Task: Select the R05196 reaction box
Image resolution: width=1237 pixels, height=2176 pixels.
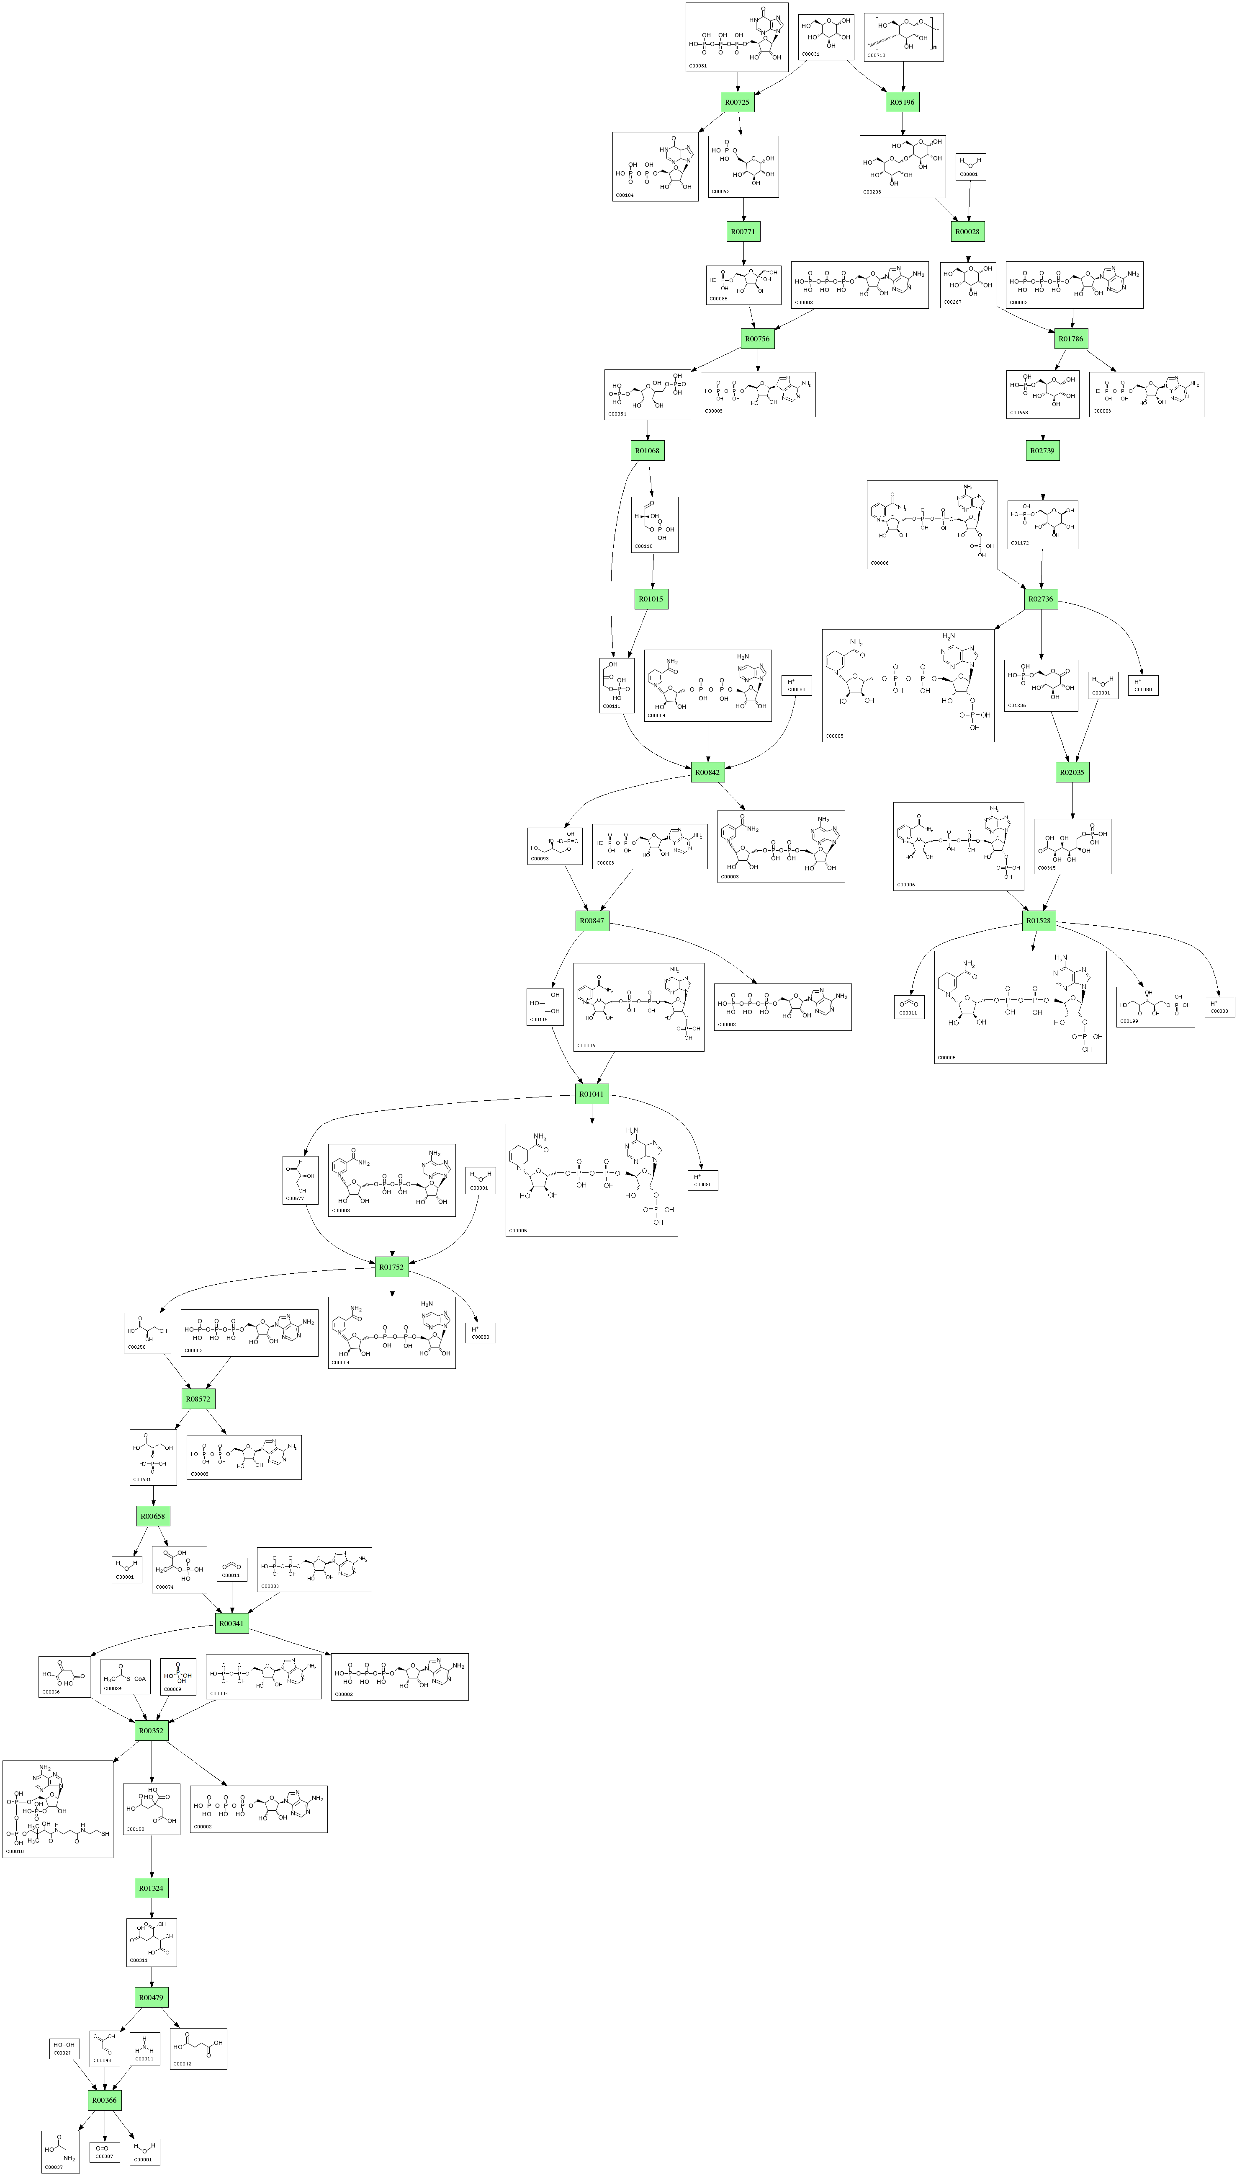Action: [902, 102]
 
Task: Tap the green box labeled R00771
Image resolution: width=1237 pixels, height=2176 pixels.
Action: [743, 231]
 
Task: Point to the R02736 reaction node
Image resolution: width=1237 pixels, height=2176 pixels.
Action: [1041, 599]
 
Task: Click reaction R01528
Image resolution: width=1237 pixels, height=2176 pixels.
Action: [1038, 921]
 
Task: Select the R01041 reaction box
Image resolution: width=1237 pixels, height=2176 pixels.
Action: [592, 1094]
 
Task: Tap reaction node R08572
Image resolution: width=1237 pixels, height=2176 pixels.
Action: [198, 1398]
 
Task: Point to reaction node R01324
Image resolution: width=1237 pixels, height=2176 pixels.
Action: [151, 1888]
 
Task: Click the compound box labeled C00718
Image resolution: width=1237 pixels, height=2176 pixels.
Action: [904, 36]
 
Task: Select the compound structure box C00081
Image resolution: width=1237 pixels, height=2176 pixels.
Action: [737, 36]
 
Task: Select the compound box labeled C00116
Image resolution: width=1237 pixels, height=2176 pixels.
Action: [545, 1007]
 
